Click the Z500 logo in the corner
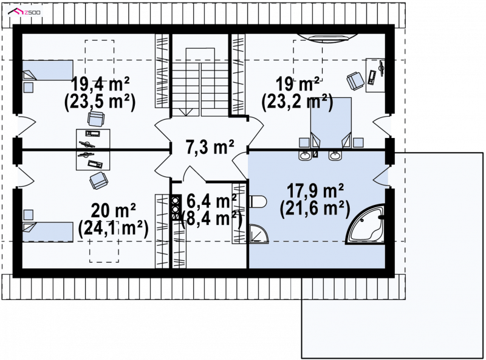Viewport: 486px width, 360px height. tap(24, 12)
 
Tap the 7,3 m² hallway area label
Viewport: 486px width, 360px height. tap(210, 147)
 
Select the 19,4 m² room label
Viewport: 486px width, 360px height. tap(100, 84)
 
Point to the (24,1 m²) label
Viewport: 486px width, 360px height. tap(113, 229)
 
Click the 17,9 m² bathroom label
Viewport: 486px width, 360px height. tap(315, 191)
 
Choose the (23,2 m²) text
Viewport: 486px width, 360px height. tap(297, 102)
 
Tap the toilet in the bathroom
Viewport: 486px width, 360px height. tap(258, 202)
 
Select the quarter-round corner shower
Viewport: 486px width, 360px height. tap(259, 234)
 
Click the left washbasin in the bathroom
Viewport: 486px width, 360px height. tap(306, 154)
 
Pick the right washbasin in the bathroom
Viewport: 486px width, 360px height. tap(335, 154)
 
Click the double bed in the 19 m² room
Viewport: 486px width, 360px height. tap(331, 123)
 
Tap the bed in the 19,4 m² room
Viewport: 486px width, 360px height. tap(48, 70)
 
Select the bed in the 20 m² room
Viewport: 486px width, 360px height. tap(48, 232)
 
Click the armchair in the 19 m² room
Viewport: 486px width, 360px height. tap(355, 81)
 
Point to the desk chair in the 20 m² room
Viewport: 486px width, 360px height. tap(98, 181)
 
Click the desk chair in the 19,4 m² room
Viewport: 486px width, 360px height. tap(96, 119)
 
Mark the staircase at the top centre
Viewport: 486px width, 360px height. tap(200, 82)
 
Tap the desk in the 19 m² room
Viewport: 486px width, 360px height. tap(375, 75)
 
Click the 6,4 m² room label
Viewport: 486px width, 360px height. tap(211, 201)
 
